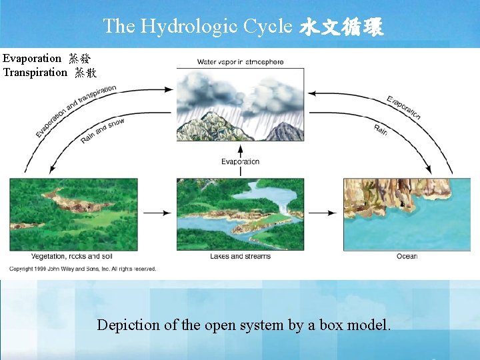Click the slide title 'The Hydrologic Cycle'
(x=197, y=26)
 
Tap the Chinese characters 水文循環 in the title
(x=341, y=27)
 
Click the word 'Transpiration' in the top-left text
(x=35, y=72)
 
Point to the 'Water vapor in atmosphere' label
(x=240, y=62)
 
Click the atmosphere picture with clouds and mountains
(x=240, y=105)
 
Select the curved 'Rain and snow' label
(x=102, y=131)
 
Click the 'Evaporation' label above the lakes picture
(x=240, y=161)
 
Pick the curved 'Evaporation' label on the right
(x=404, y=107)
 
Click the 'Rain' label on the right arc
(x=381, y=129)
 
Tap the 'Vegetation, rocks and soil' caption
(x=73, y=256)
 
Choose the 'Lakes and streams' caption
(x=240, y=256)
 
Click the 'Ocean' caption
(x=407, y=256)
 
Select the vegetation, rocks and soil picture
(x=73, y=214)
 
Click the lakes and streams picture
(x=240, y=214)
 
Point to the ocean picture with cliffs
(x=397, y=214)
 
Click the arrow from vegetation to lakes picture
(x=157, y=213)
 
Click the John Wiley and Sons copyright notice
(x=83, y=269)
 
